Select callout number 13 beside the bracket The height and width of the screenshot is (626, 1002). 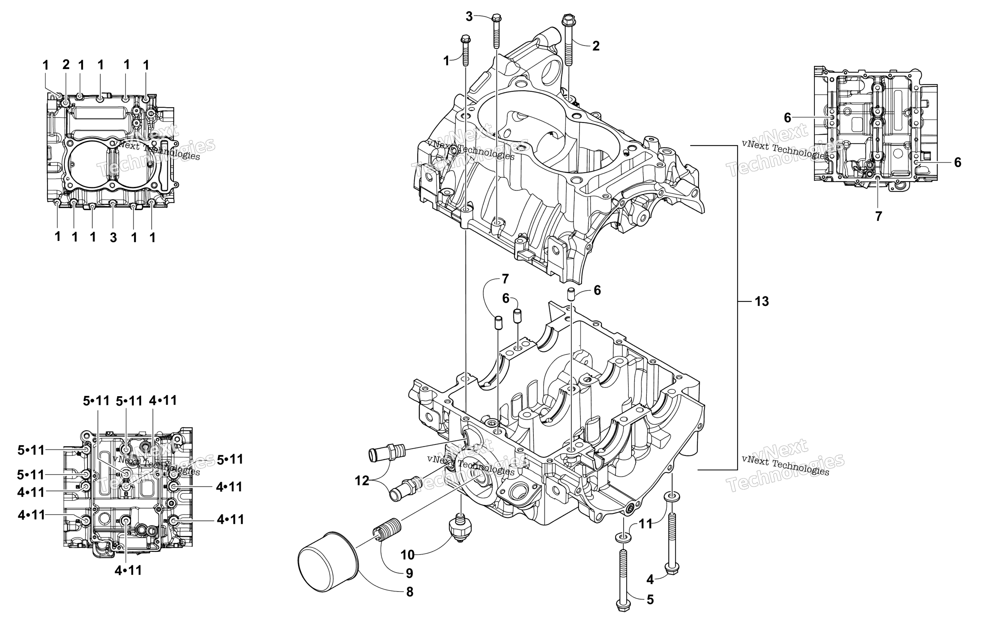tap(761, 301)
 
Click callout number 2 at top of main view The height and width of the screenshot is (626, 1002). tap(596, 46)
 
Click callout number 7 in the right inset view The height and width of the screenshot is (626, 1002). tap(878, 216)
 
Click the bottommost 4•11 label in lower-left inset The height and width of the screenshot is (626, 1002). tap(128, 570)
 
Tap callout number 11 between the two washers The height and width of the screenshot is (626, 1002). tap(645, 524)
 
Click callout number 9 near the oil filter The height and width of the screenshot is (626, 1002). tap(409, 573)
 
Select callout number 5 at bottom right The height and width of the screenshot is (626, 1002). tap(650, 600)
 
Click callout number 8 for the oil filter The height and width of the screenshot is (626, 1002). tap(409, 592)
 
